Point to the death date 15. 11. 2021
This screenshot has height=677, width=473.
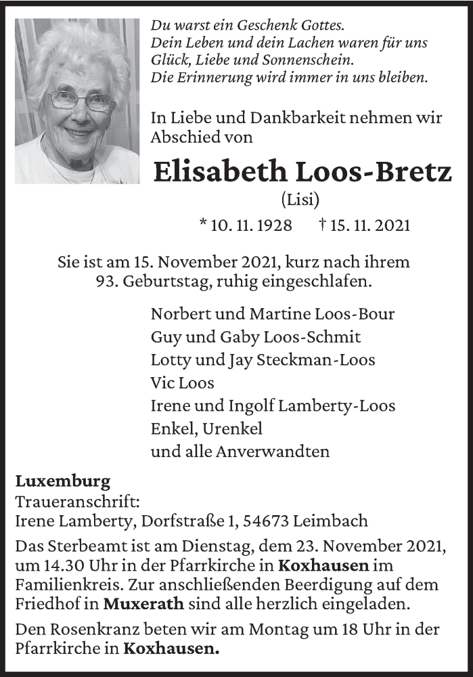click(x=370, y=225)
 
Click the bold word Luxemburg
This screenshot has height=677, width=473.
click(x=63, y=483)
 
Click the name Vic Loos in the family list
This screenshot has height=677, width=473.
click(x=183, y=383)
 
